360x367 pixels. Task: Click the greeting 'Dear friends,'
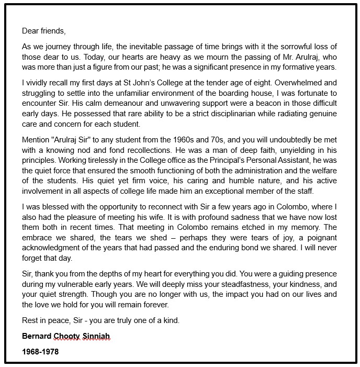(44, 31)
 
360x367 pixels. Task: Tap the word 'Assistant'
(299, 161)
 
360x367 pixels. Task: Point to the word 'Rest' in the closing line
(31, 320)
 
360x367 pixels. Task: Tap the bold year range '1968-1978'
(40, 351)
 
